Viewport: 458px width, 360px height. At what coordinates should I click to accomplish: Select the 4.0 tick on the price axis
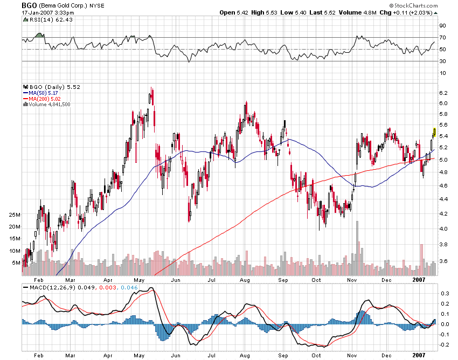[x=443, y=229]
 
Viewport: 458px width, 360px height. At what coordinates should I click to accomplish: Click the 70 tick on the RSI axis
[x=442, y=37]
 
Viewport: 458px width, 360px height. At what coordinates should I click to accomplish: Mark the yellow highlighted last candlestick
[x=435, y=131]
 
